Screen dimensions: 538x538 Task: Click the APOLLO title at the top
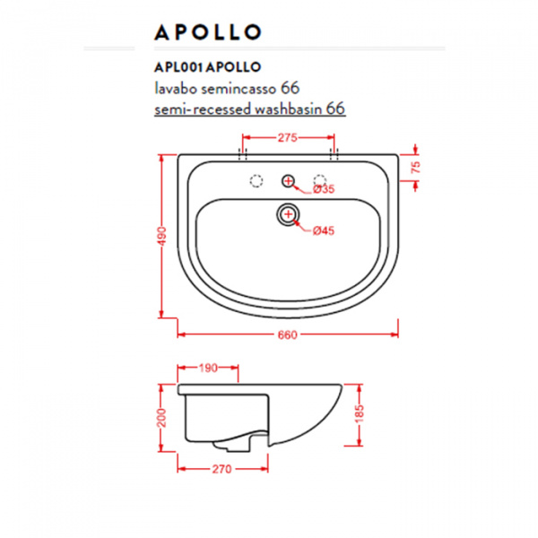tap(207, 33)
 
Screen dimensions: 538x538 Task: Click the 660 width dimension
tap(287, 334)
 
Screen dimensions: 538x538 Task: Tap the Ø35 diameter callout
tap(323, 189)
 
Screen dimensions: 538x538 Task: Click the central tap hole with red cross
tap(288, 182)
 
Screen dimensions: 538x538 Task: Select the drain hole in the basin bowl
tap(288, 213)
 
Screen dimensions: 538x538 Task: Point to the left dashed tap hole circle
tap(256, 182)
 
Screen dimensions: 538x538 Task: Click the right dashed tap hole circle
tap(319, 181)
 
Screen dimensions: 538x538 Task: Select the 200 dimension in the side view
tap(162, 417)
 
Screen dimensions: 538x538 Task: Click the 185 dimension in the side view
tap(359, 415)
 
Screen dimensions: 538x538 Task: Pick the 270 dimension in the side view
tap(223, 467)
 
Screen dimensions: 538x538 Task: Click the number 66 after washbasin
tap(335, 108)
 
